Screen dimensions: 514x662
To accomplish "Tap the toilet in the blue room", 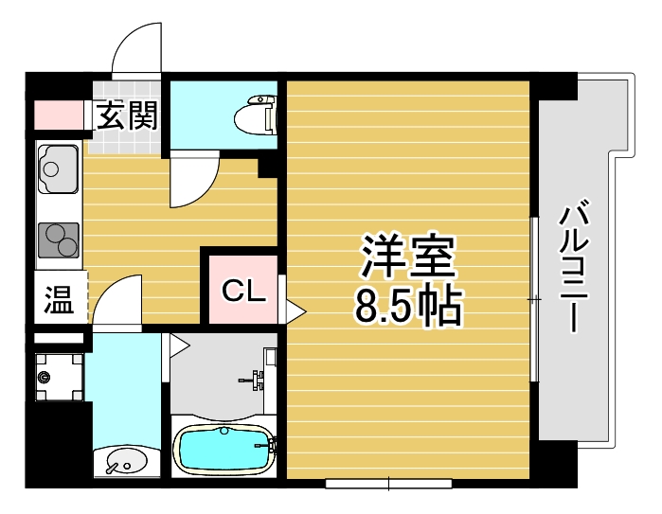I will click(x=258, y=116).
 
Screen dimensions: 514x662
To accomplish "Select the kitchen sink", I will click(x=58, y=169).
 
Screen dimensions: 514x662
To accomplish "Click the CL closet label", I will click(x=243, y=292).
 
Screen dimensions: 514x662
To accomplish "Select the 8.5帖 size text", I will click(x=408, y=306).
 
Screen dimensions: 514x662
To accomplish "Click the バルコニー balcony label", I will click(x=576, y=266).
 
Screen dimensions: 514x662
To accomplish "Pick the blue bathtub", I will click(x=224, y=450).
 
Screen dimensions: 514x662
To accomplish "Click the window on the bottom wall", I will click(x=388, y=484).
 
